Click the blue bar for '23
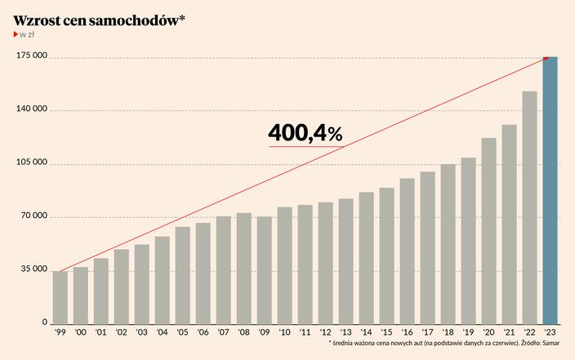[550, 190]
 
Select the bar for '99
[60, 297]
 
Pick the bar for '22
[530, 207]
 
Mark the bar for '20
[489, 230]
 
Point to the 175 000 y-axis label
[32, 57]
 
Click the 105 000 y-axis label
[32, 164]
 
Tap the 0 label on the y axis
[45, 323]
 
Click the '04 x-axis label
[163, 333]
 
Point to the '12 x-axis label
[326, 333]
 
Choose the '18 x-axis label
[448, 333]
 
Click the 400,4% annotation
[305, 133]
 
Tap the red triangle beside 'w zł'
[16, 35]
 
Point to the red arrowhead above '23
[545, 59]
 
